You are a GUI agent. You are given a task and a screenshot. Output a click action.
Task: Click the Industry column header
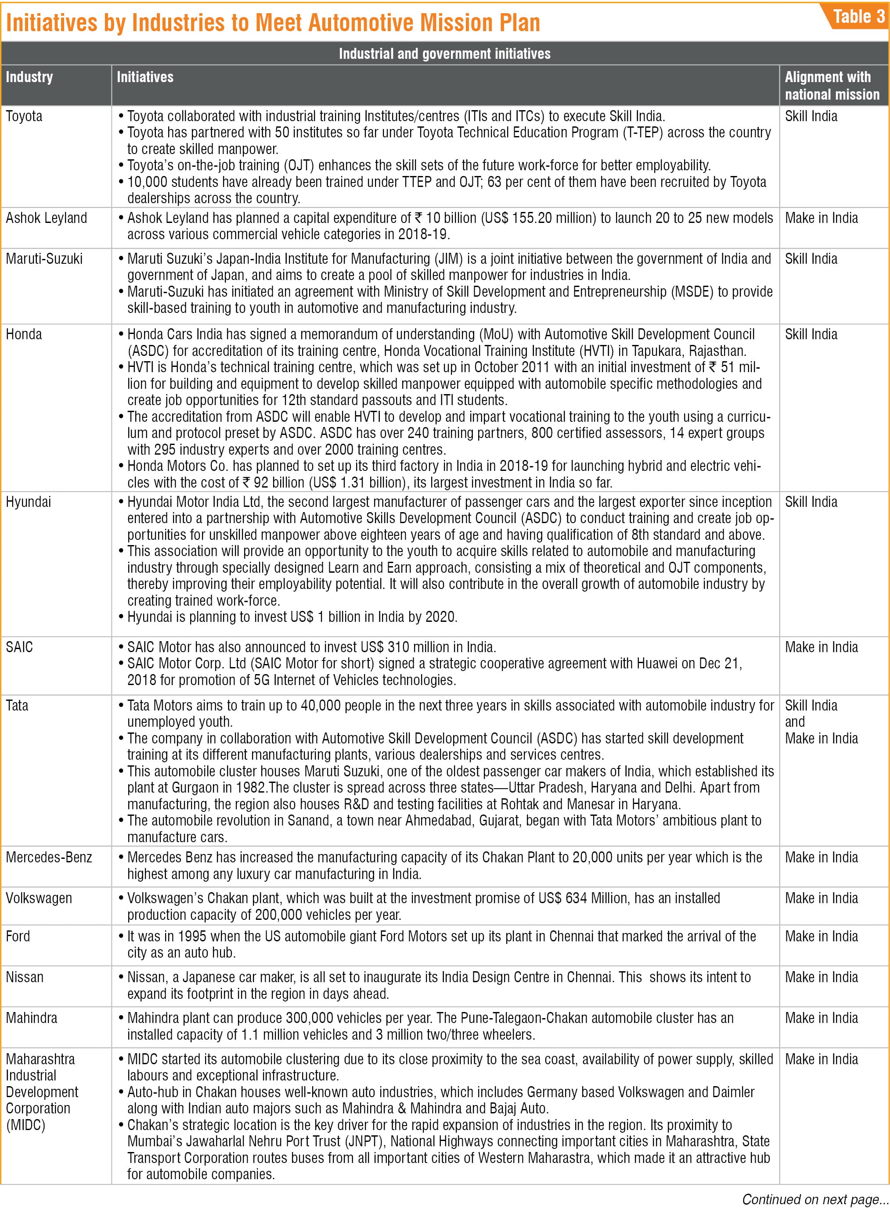click(29, 77)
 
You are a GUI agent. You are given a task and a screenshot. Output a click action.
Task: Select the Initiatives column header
click(145, 77)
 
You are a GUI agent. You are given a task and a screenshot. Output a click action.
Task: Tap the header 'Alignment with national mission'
click(831, 86)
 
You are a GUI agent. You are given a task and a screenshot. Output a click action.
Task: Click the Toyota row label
click(24, 116)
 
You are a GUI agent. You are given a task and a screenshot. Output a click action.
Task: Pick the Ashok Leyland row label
click(47, 218)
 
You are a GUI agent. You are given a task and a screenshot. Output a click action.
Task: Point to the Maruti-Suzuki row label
click(44, 259)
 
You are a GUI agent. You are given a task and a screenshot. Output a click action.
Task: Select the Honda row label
click(24, 334)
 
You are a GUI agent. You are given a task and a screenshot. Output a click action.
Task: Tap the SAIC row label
click(19, 647)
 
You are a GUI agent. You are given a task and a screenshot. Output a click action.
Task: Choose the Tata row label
click(17, 706)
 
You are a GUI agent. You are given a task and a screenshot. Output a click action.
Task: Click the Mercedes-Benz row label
click(49, 858)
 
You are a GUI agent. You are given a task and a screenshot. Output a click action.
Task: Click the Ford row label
click(18, 936)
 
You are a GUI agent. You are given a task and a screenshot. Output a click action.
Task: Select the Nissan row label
click(25, 977)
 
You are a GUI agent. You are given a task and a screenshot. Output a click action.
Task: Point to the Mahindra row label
click(32, 1018)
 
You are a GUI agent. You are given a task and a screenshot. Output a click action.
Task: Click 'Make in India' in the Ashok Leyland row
click(821, 218)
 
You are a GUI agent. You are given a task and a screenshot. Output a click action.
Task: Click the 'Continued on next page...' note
click(814, 1199)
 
